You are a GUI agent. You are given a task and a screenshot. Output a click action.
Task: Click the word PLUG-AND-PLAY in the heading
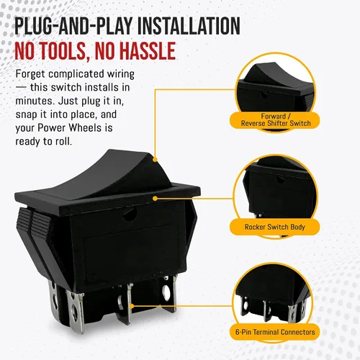(73, 26)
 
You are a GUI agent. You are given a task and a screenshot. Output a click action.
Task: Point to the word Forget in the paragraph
(30, 74)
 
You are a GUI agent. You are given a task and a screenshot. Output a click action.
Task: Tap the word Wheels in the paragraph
(85, 127)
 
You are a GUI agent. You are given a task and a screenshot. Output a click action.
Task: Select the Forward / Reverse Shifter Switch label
(275, 120)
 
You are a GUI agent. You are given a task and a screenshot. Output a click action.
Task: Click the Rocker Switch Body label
(275, 227)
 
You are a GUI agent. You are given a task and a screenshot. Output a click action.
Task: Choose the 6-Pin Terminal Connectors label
(275, 332)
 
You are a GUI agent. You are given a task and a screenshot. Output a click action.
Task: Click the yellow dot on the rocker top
(155, 159)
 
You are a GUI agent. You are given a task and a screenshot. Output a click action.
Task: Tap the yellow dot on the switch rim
(155, 198)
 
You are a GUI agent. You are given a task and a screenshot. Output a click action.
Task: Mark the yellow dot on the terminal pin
(132, 306)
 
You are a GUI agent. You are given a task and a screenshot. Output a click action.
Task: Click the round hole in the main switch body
(130, 215)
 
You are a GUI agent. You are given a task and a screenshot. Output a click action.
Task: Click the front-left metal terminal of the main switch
(76, 311)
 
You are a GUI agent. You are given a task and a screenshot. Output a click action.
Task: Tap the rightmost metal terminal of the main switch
(169, 293)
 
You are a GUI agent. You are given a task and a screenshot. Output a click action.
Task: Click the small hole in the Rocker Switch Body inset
(280, 179)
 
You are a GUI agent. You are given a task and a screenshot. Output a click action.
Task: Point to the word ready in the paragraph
(27, 142)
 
